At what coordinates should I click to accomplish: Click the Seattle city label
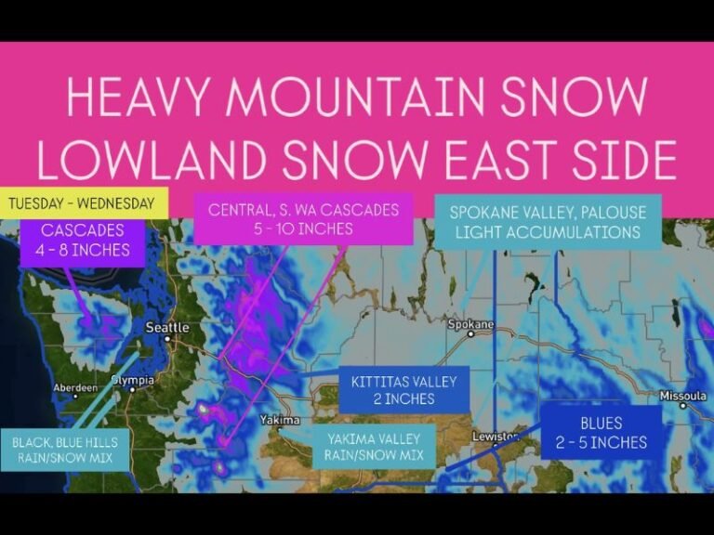[167, 328]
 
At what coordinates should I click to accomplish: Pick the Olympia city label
[131, 381]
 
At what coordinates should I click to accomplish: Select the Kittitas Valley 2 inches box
[404, 390]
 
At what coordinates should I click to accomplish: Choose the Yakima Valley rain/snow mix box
[373, 446]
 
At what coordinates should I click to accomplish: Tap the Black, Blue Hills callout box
[59, 450]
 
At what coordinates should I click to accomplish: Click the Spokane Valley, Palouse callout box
[548, 221]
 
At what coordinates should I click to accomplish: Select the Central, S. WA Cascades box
[303, 219]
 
